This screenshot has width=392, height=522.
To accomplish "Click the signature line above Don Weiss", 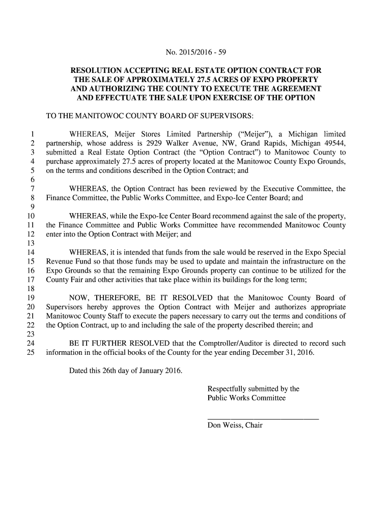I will (x=263, y=419).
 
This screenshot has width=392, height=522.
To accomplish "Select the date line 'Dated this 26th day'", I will (x=125, y=370).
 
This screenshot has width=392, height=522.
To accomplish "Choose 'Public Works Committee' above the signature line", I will (x=246, y=398).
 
